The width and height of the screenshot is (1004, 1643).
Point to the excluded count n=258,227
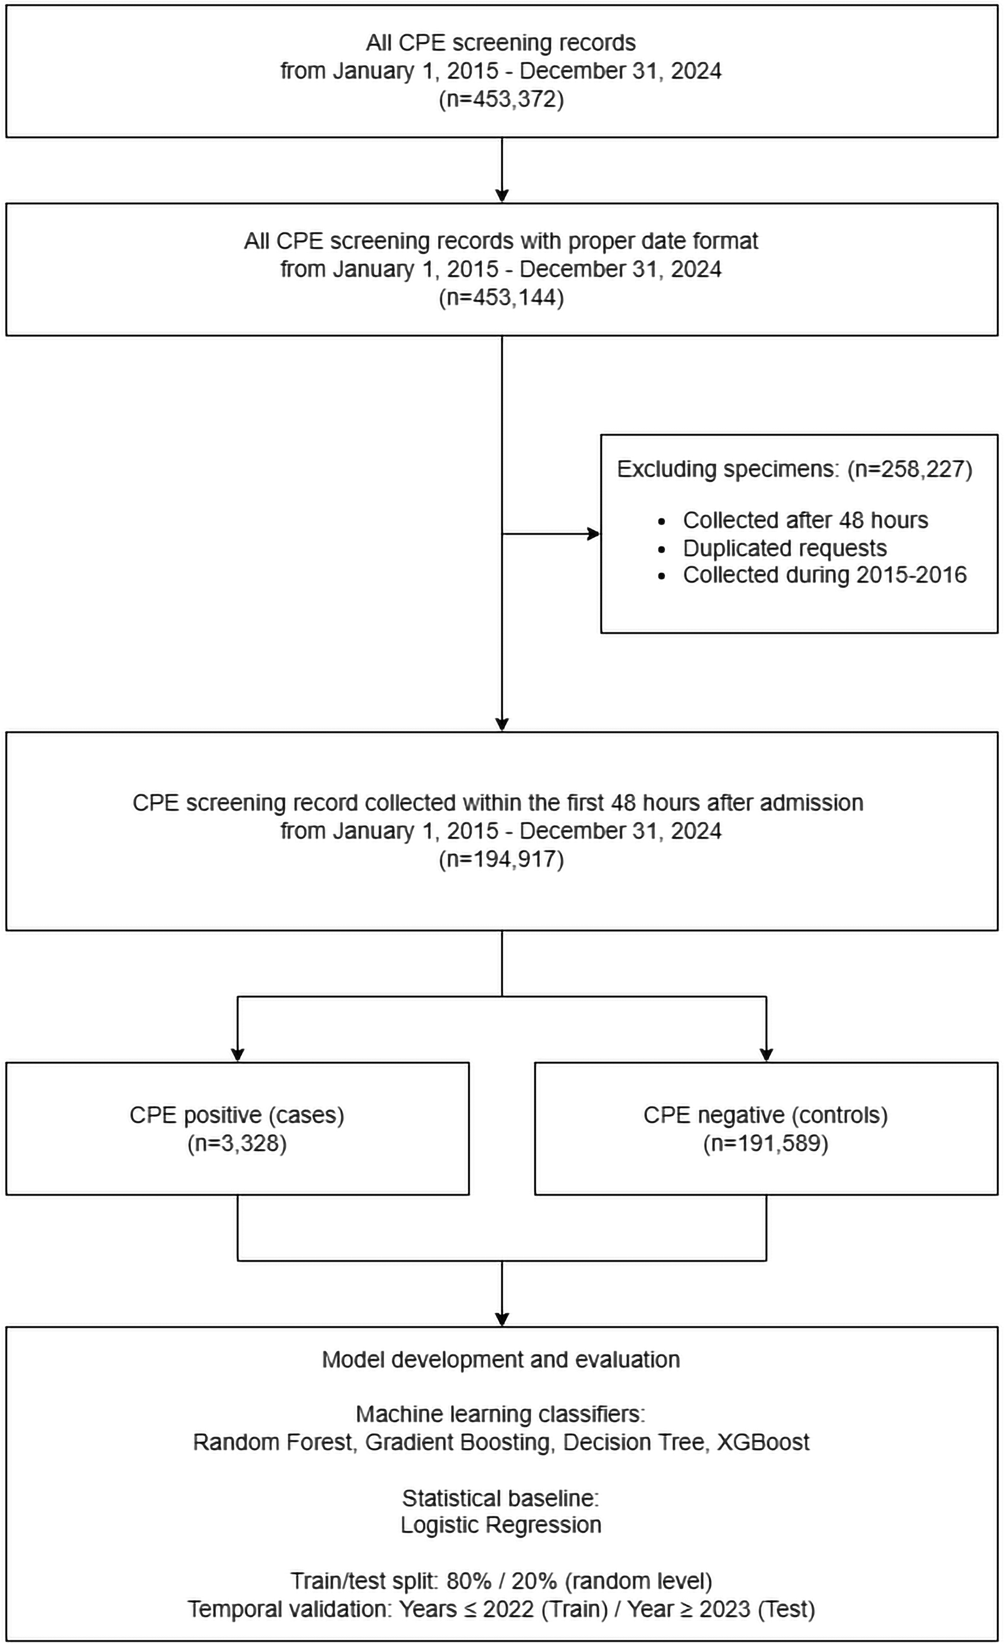pos(910,469)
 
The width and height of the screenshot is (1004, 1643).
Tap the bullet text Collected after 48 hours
pos(805,520)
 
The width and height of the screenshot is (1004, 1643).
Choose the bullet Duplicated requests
pos(785,548)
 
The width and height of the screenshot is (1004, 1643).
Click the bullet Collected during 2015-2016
pos(825,575)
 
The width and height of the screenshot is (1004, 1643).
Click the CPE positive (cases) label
pos(237,1116)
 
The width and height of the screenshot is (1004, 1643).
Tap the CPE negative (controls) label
pos(766,1116)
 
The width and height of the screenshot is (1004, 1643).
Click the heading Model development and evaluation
pos(501,1360)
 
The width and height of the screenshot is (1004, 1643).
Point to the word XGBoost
pos(763,1442)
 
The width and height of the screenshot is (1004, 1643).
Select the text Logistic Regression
pos(501,1525)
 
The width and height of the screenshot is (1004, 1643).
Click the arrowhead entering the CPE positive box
pos(237,1055)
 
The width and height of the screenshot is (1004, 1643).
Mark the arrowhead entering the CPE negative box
pos(766,1055)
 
